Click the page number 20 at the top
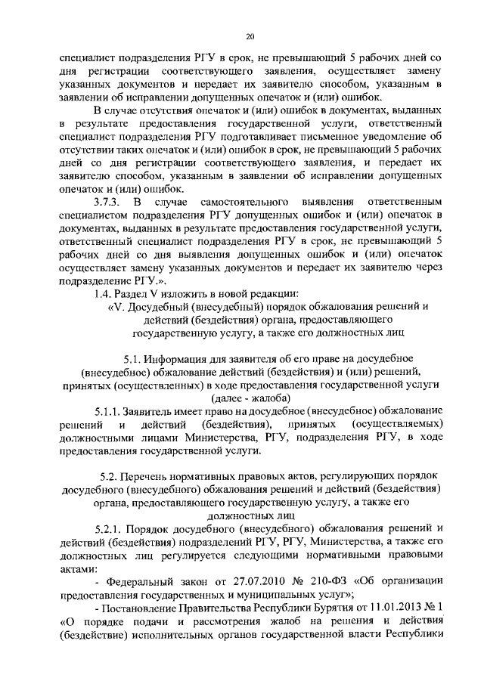[250, 36]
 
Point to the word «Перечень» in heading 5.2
[156, 477]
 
